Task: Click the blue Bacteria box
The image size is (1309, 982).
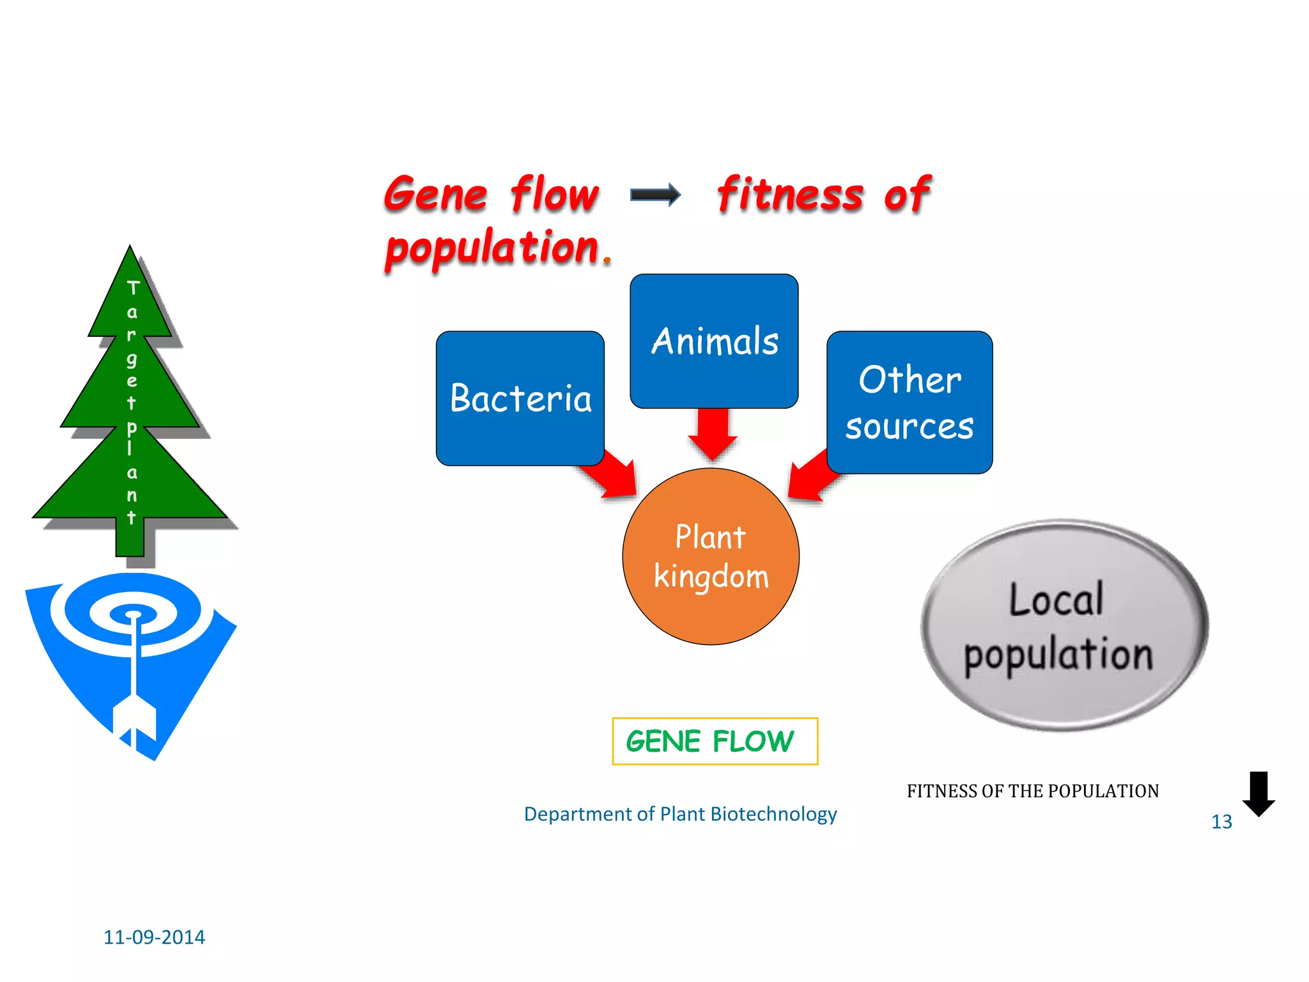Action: [x=520, y=398]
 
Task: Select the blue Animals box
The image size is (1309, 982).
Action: [x=714, y=341]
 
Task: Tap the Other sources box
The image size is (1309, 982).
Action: [x=910, y=402]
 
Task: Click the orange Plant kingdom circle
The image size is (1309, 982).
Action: [x=711, y=557]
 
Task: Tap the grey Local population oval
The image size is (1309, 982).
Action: [x=1064, y=625]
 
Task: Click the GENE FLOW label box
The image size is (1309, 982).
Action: [x=715, y=742]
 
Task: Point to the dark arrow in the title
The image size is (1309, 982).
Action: [x=655, y=195]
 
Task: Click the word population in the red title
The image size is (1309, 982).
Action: [x=492, y=248]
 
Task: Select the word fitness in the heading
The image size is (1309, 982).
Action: [x=790, y=194]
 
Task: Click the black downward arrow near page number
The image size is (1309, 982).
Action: [x=1258, y=793]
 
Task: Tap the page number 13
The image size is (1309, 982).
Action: [x=1221, y=822]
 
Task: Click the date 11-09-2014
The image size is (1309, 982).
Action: [x=154, y=937]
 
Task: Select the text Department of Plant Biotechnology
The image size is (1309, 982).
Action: [x=680, y=814]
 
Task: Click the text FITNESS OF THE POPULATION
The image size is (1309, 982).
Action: [x=1032, y=791]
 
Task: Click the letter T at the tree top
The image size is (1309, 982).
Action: [x=133, y=288]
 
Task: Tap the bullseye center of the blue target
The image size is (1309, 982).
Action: [x=134, y=615]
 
